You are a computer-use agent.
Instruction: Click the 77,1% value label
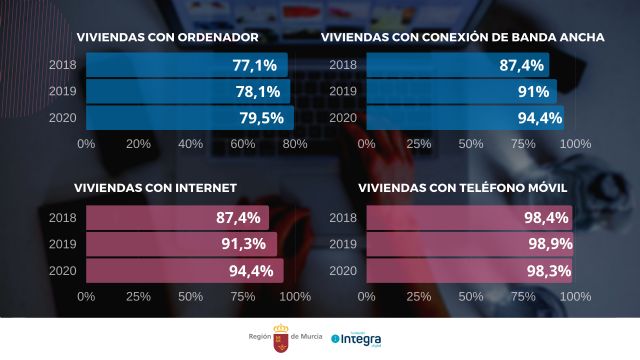(256, 65)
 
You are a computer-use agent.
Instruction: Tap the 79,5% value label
(258, 118)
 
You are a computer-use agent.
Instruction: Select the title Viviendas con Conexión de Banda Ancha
(462, 38)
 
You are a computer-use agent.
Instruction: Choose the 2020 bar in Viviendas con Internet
(185, 270)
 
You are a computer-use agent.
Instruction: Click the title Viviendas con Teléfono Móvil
(449, 187)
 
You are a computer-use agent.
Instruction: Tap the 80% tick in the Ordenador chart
(294, 144)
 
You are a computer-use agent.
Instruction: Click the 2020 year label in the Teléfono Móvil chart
(342, 270)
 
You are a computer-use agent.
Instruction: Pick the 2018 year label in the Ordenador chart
(62, 65)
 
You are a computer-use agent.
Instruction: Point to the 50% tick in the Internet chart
(190, 296)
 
